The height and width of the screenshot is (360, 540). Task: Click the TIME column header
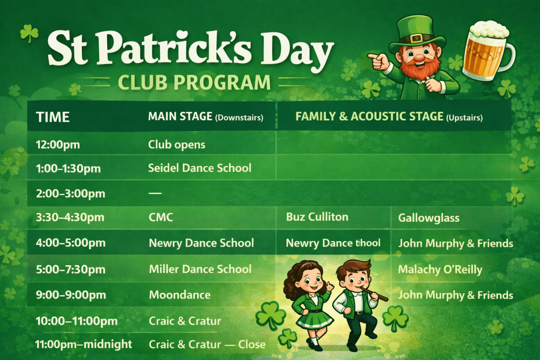pos(52,117)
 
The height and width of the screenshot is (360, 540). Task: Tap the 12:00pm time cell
pos(58,145)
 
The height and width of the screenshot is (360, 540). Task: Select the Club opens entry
pos(177,145)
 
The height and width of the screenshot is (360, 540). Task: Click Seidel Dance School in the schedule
pos(200,168)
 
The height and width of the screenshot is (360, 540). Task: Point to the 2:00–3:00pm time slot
pos(71,194)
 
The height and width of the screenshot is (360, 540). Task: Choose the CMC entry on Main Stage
pos(161,217)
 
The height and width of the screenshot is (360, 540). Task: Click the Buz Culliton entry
pos(317,217)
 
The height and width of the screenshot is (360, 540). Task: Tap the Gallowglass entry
pos(429,218)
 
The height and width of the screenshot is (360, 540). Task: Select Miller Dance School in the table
pos(200,269)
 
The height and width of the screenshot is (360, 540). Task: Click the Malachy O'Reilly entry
pos(440,270)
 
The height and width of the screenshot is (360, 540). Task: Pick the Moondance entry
pos(180,295)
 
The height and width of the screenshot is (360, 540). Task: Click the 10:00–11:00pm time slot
pos(77,321)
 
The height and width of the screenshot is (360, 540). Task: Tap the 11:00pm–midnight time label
pos(84,344)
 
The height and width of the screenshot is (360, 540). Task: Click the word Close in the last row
pos(251,344)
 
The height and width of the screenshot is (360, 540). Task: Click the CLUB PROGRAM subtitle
pos(194,82)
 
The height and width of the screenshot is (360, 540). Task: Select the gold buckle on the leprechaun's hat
pos(417,38)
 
